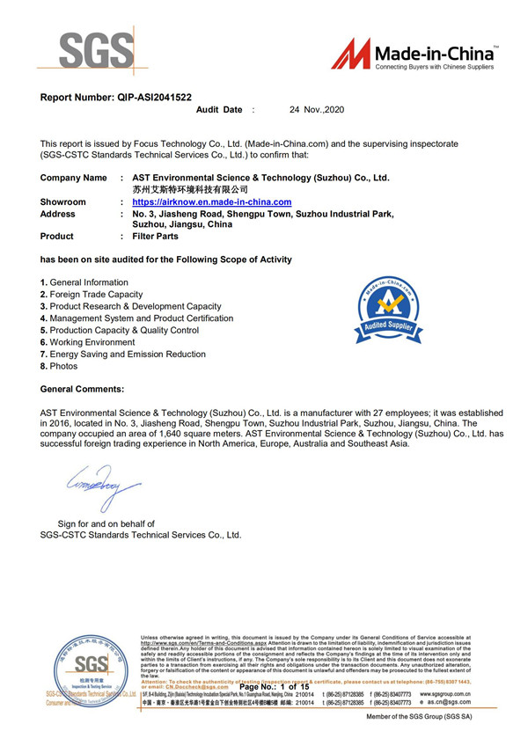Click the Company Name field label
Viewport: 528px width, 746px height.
pyautogui.click(x=74, y=178)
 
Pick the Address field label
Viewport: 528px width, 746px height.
pyautogui.click(x=58, y=214)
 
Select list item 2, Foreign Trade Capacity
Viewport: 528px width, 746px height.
pyautogui.click(x=96, y=295)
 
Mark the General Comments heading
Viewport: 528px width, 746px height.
pyautogui.click(x=83, y=389)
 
